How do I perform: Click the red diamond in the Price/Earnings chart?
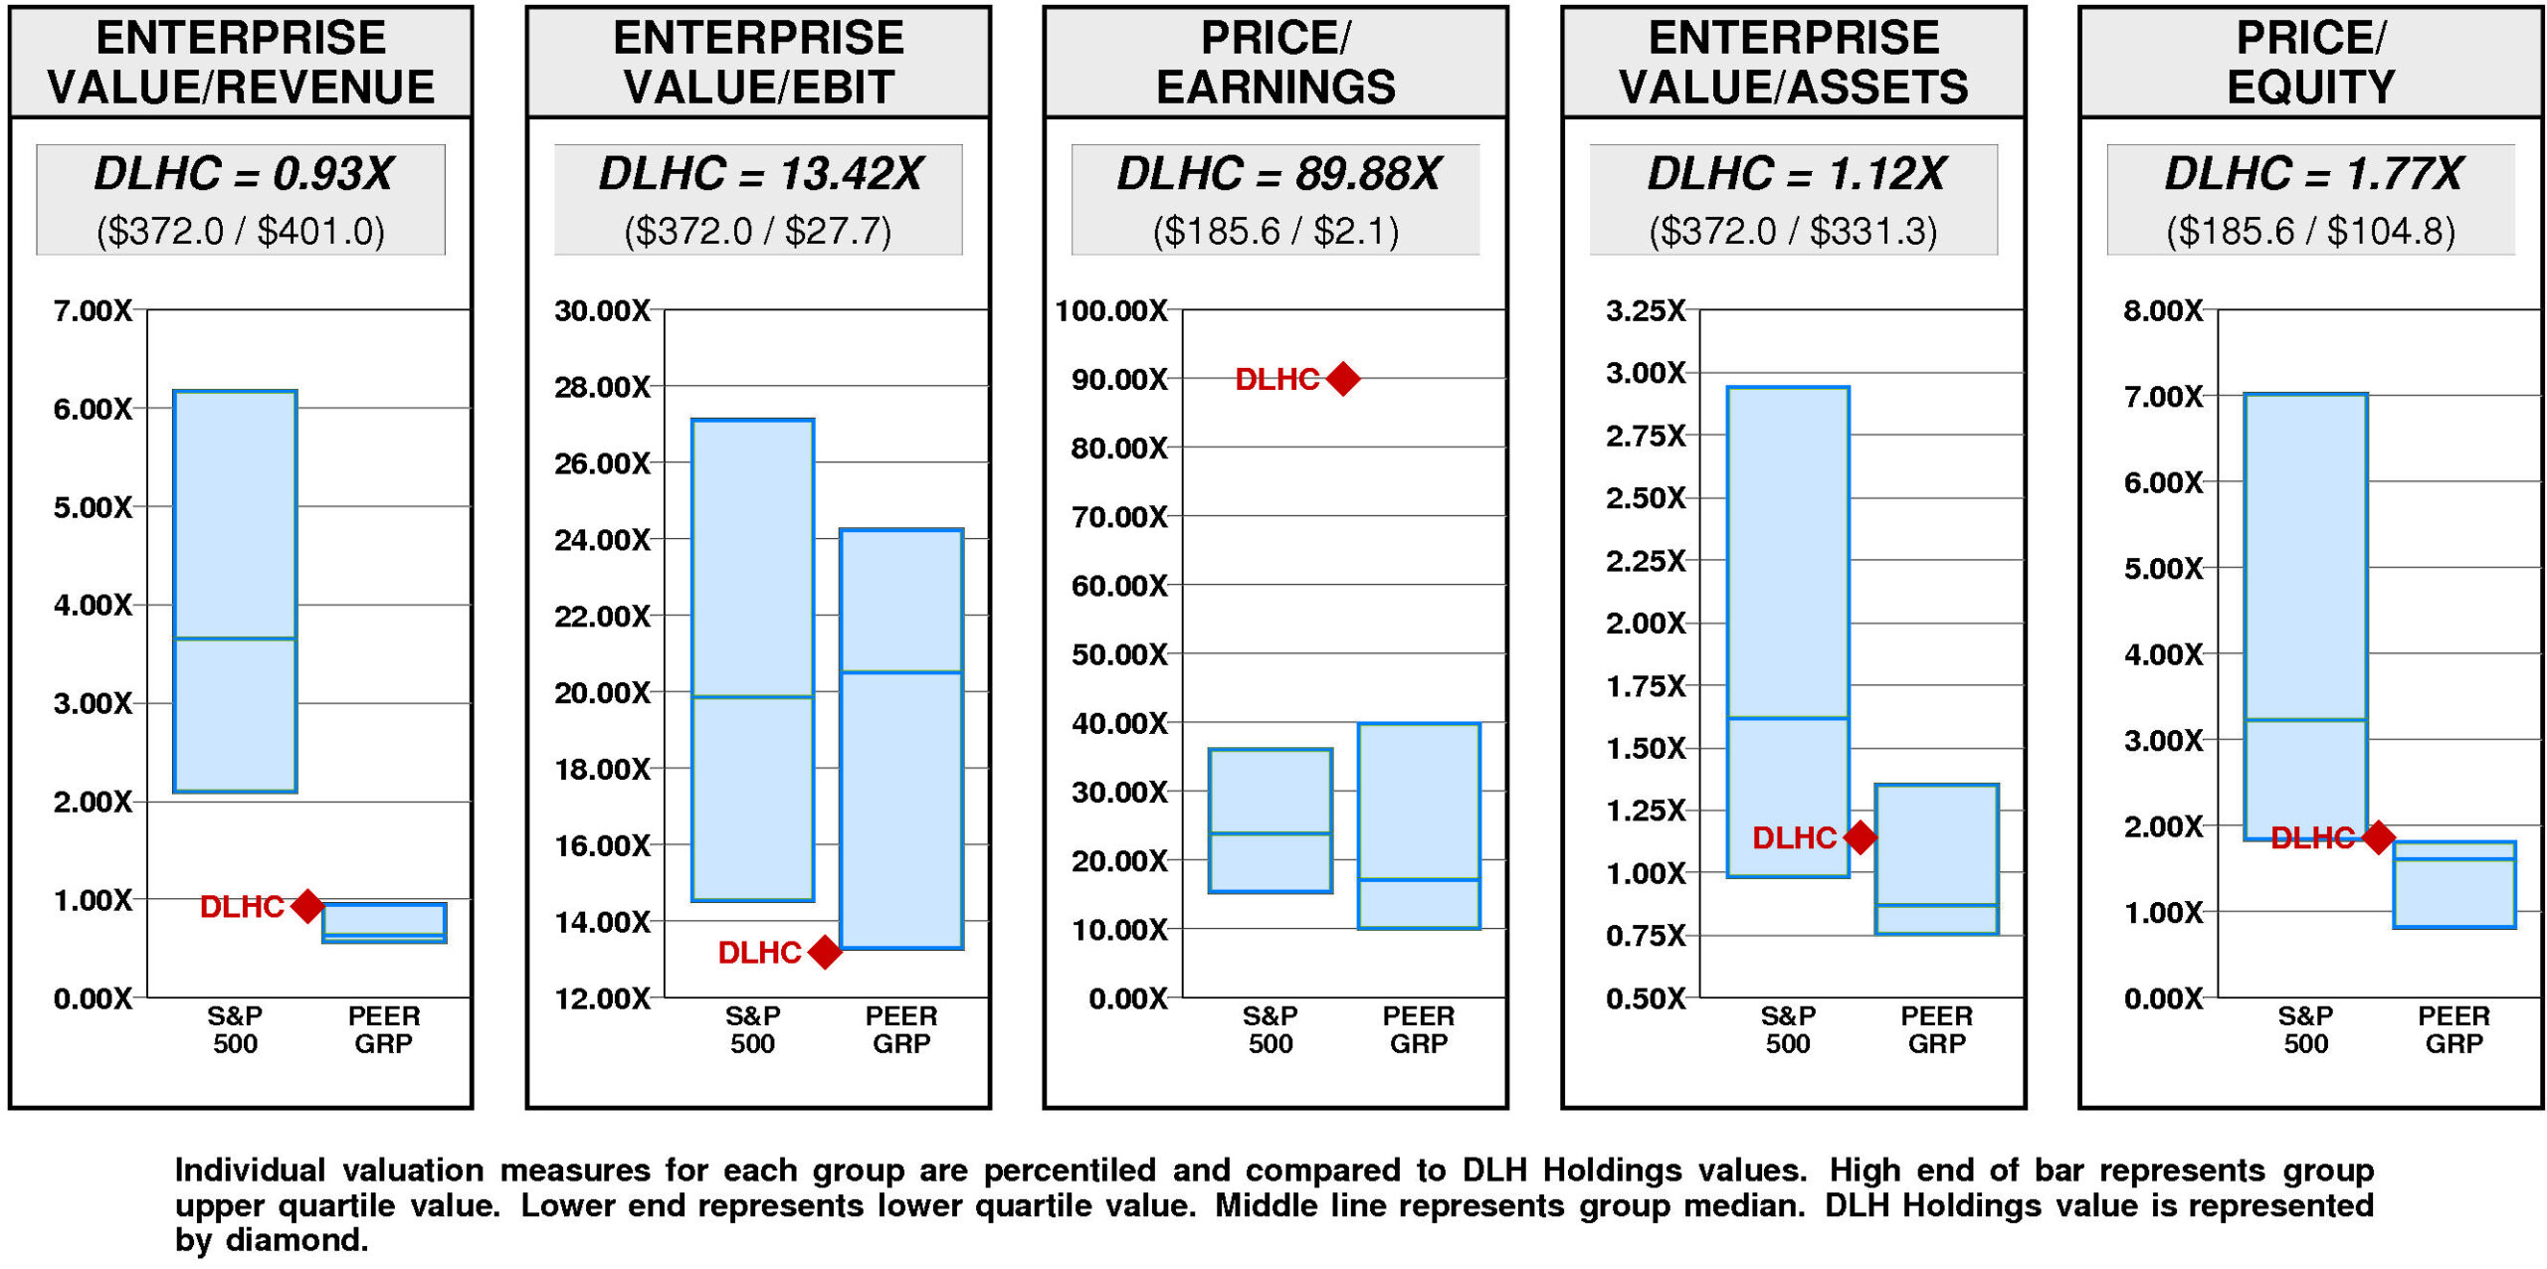click(1342, 379)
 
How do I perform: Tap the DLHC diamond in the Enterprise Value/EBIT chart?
click(824, 952)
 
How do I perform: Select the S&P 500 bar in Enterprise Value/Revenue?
click(235, 591)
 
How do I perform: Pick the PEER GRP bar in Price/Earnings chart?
click(1419, 825)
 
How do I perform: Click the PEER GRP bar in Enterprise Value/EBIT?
click(901, 738)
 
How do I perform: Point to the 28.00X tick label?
click(602, 387)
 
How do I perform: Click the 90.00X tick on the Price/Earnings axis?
click(1119, 380)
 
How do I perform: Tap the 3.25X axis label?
click(1646, 311)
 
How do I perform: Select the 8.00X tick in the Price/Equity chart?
click(2163, 311)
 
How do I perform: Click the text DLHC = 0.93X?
click(243, 174)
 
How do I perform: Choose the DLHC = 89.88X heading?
click(1277, 174)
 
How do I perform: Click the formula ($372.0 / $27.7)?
click(758, 231)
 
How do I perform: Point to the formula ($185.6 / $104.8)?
click(2310, 231)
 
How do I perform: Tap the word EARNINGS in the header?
click(1275, 88)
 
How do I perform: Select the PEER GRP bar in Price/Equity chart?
click(2454, 884)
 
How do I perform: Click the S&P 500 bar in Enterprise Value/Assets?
click(1788, 632)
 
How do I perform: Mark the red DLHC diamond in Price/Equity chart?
click(2378, 837)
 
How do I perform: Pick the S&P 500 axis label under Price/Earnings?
click(1271, 1029)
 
